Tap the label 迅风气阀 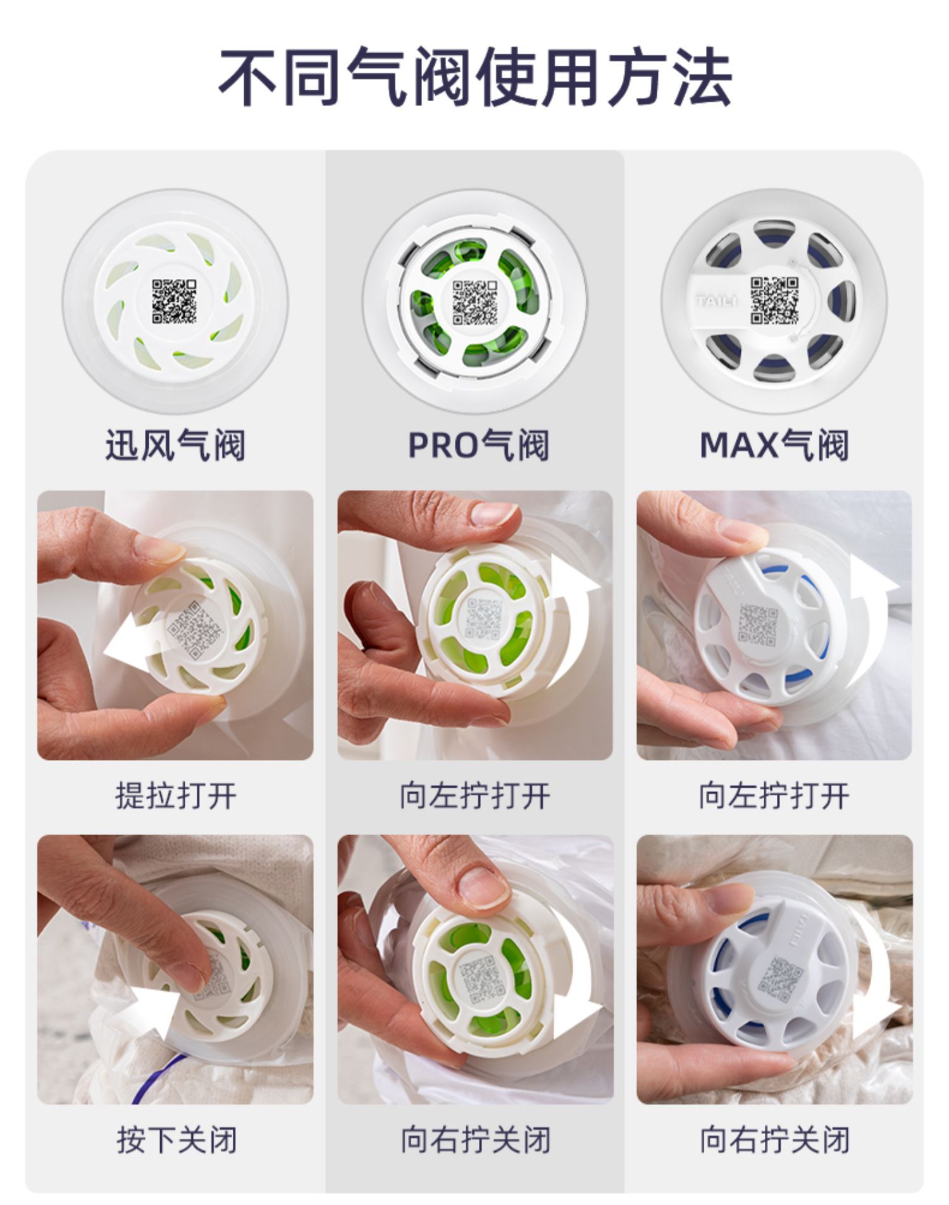[x=175, y=444]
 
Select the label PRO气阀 [x=478, y=444]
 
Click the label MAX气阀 [x=774, y=444]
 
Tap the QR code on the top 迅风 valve [x=174, y=302]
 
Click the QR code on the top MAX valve [x=774, y=300]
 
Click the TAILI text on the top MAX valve [x=716, y=300]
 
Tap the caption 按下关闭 [x=176, y=1140]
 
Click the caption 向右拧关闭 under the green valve [x=475, y=1140]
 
